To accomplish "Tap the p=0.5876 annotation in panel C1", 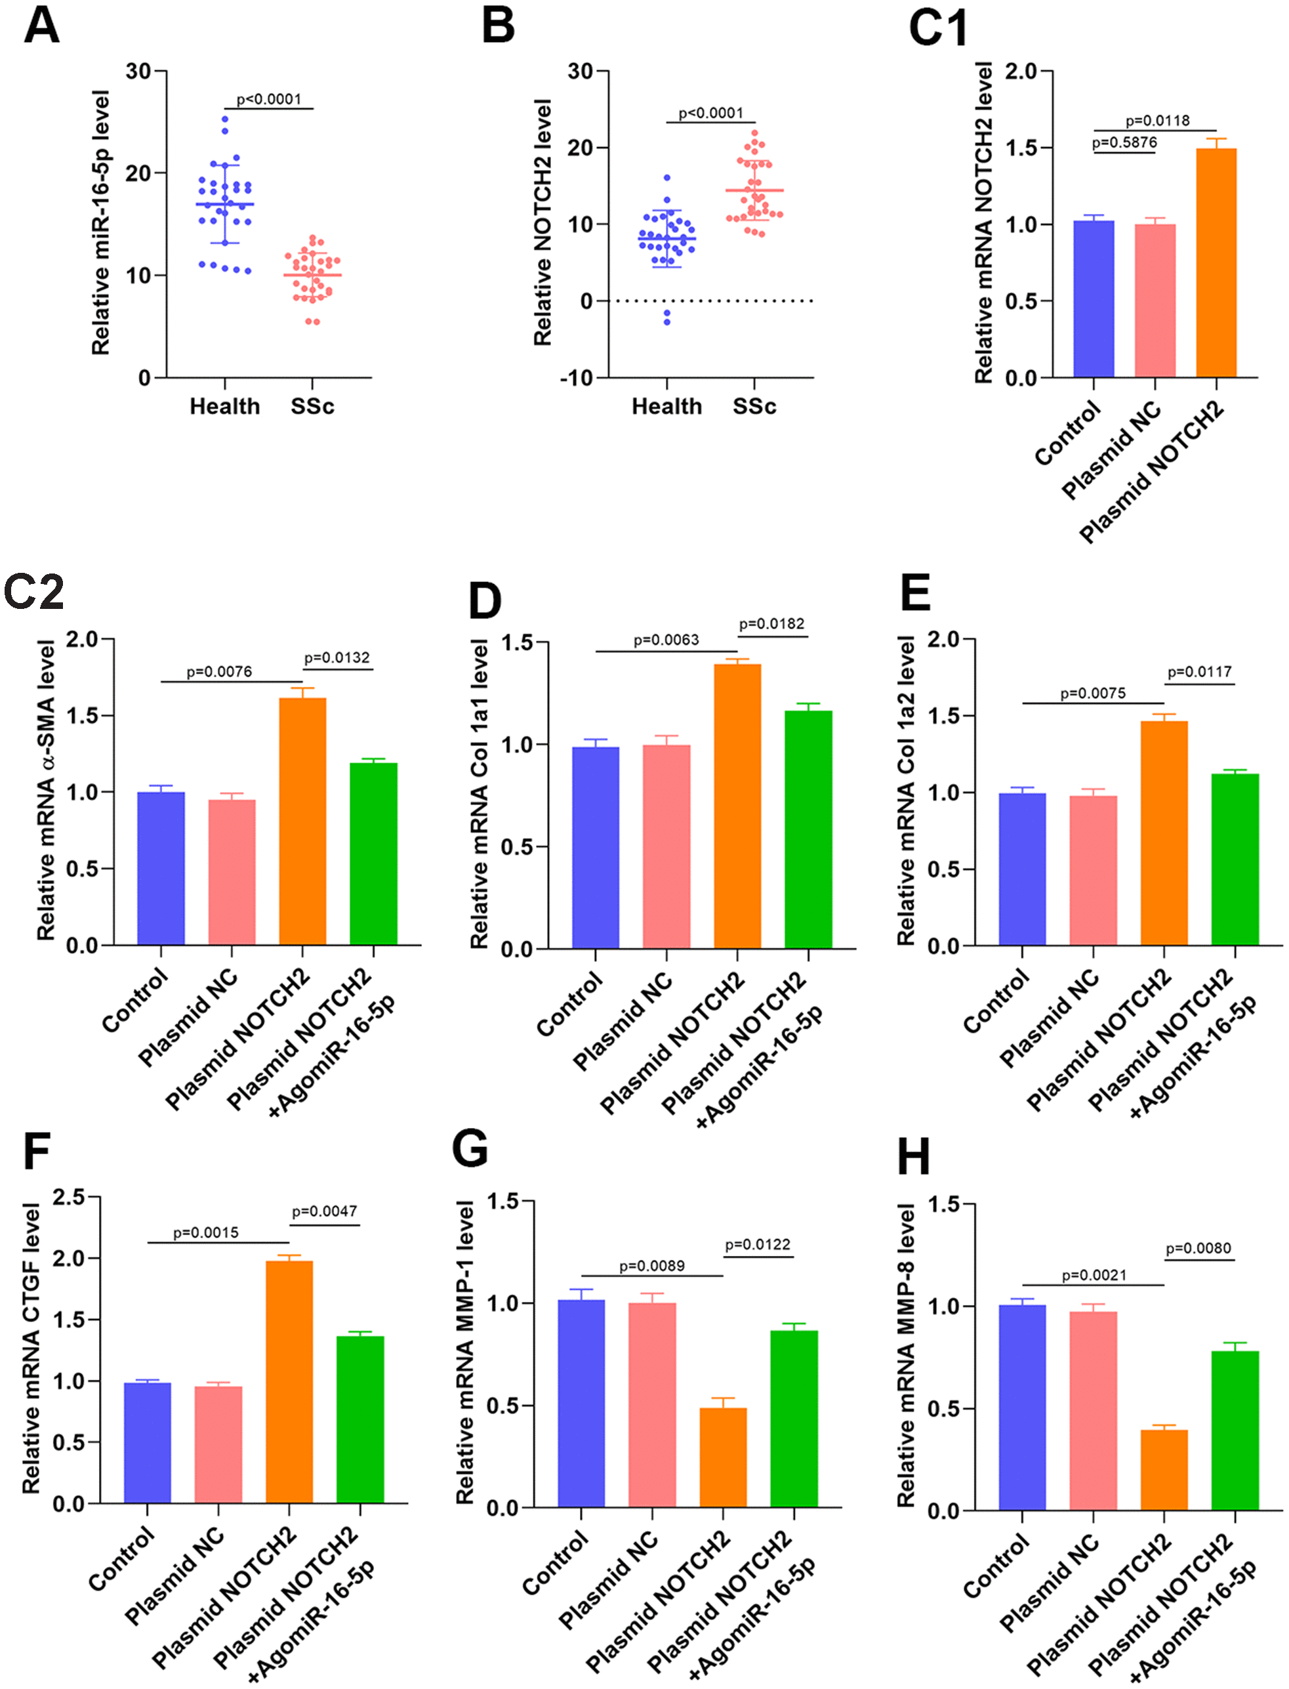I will pos(1124,143).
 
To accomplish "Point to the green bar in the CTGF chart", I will pos(360,1419).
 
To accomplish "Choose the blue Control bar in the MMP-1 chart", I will pos(581,1404).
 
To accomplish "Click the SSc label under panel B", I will pos(754,406).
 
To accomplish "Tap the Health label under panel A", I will pos(225,406).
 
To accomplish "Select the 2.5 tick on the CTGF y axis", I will pos(68,1197).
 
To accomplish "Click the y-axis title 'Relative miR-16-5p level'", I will pos(100,222).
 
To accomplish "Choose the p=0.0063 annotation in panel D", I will pos(666,640).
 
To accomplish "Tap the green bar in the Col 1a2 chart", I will pos(1235,859).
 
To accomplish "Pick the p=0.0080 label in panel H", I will pos(1198,1249).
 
